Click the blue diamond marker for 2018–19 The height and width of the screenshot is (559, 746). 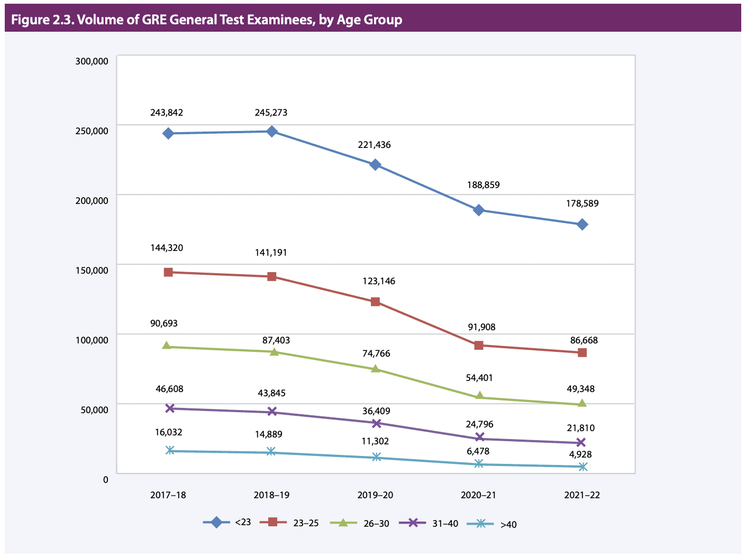[x=272, y=132]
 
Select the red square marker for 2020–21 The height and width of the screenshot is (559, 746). [x=479, y=346]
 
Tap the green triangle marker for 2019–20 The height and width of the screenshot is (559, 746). [x=376, y=369]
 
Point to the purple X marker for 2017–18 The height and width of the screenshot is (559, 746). [x=169, y=408]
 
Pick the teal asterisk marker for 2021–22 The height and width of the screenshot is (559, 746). [x=583, y=467]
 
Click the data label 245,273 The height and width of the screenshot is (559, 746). [x=271, y=113]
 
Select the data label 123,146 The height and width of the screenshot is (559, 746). [x=378, y=281]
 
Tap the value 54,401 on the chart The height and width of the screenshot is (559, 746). [x=479, y=378]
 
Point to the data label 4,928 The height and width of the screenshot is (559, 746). [x=580, y=454]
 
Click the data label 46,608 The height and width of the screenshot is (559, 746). [x=169, y=389]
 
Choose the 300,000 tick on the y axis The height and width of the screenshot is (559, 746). [x=92, y=61]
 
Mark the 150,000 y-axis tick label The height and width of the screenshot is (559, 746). [x=92, y=271]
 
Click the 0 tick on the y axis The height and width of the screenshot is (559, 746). [x=105, y=480]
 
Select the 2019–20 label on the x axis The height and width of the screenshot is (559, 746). [x=375, y=495]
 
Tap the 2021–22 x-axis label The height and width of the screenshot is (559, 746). [x=582, y=495]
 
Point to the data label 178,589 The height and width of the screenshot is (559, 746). [x=582, y=203]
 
